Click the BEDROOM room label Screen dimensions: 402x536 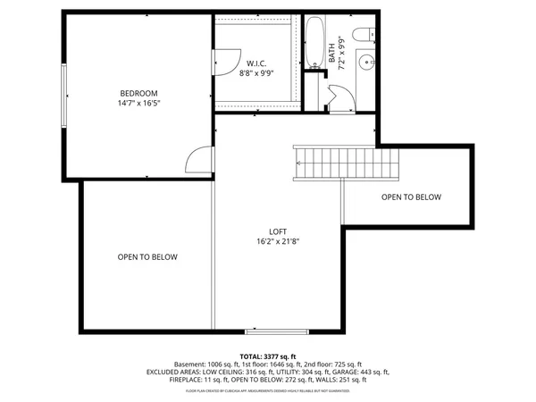(138, 93)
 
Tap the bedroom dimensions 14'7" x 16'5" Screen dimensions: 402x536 (138, 104)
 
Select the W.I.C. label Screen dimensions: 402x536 (256, 63)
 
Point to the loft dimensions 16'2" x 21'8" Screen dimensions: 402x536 (276, 240)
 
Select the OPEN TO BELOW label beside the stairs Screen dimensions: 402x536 (410, 197)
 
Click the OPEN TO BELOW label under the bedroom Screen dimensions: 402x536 (147, 257)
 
